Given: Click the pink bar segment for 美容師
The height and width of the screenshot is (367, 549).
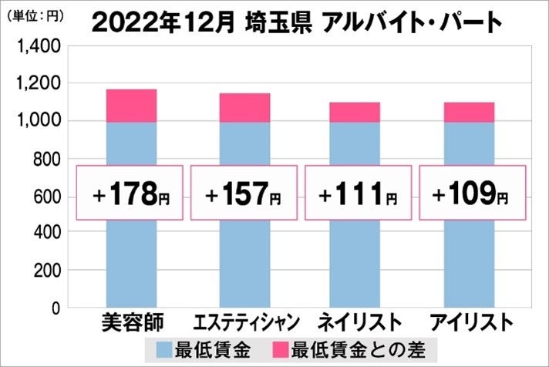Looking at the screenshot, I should point(130,106).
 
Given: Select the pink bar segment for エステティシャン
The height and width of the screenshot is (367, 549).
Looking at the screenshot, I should point(244,108).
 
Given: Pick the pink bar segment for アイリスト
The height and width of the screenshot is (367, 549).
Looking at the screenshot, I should point(469,112).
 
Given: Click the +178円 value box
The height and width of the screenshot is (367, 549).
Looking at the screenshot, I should point(130,193).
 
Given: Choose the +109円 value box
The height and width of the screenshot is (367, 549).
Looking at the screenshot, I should point(472,193).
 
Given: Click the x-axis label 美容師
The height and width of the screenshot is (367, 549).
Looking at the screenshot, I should point(130,322).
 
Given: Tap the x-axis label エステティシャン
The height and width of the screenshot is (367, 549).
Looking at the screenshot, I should point(244,322).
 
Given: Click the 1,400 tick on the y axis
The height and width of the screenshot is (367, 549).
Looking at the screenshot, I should point(38,48).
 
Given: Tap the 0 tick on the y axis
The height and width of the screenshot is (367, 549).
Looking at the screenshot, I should point(55,308).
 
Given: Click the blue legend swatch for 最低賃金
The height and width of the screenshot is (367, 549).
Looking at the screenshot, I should point(164,348).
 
